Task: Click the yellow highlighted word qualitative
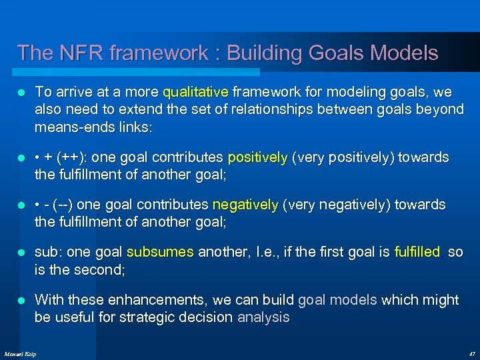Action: (195, 91)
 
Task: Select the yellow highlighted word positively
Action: (257, 157)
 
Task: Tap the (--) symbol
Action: (65, 205)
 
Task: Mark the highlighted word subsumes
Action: (160, 252)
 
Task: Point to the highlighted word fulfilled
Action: (417, 252)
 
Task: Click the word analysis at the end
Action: (263, 317)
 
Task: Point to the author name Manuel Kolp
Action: (21, 353)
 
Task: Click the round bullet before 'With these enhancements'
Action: (21, 300)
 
